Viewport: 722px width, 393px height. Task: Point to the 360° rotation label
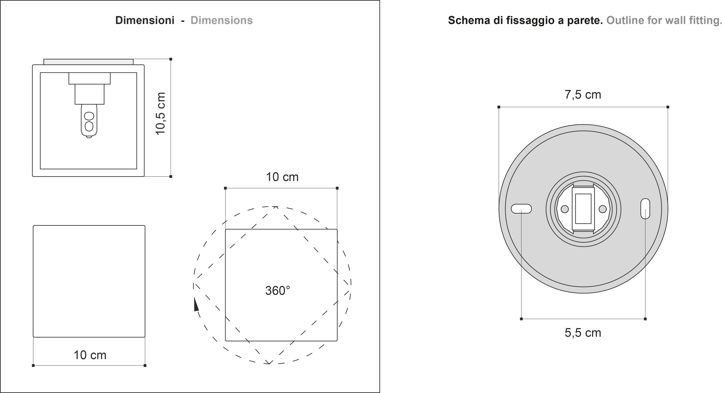[278, 291]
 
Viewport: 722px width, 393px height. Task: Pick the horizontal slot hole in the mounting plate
[521, 209]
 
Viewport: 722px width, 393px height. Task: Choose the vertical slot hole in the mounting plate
[645, 209]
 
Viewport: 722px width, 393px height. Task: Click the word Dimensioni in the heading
[145, 20]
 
